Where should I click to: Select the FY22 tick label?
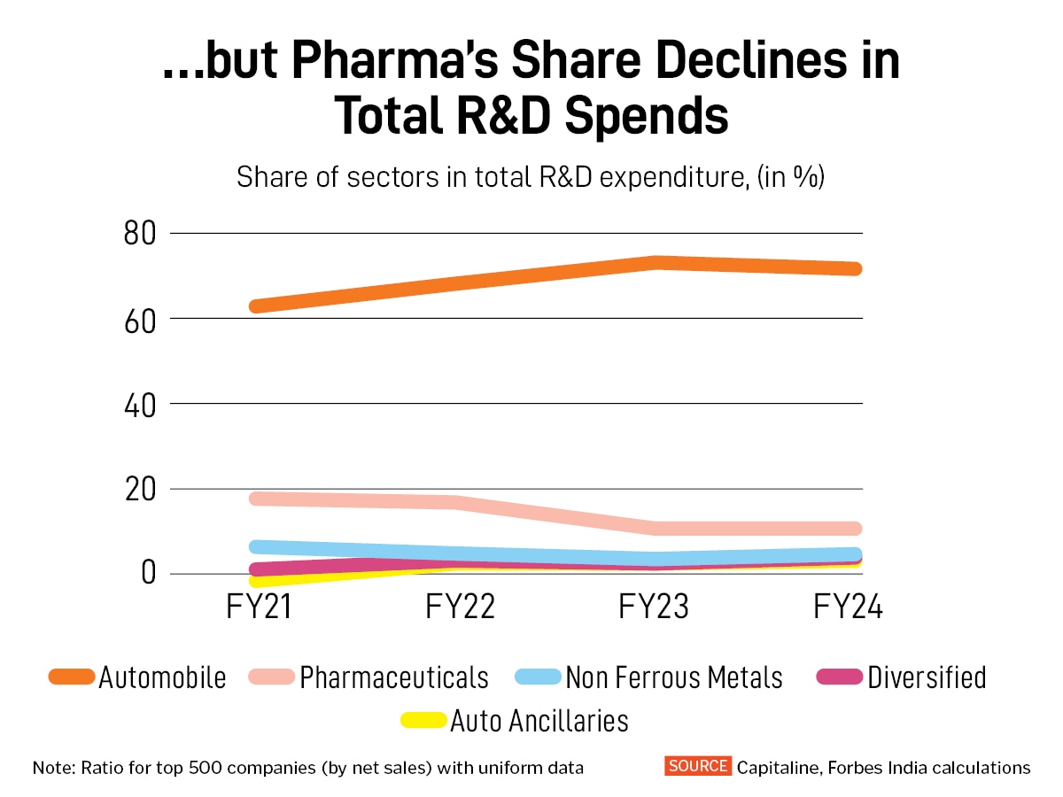pos(460,608)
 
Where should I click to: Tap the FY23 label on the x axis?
pos(655,608)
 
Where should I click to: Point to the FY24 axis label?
pos(849,608)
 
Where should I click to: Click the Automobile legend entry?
pos(162,677)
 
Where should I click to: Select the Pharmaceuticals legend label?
pos(393,677)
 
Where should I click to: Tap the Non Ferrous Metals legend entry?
pos(673,677)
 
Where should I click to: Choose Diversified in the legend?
pos(927,677)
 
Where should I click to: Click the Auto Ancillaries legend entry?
pos(539,721)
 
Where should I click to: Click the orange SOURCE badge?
pos(698,766)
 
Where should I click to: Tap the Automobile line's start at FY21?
pos(257,306)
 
